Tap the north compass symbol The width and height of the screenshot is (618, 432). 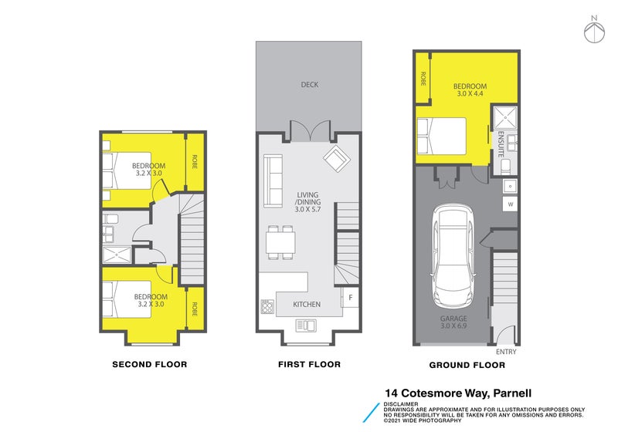coord(593,30)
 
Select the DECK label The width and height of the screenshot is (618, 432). coord(309,85)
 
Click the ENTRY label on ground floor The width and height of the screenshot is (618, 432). coord(505,352)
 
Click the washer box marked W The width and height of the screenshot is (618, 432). coord(510,204)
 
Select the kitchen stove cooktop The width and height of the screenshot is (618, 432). coord(268,306)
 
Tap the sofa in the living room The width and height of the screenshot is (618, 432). coord(273,181)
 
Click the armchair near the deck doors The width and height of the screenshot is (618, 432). coord(336,160)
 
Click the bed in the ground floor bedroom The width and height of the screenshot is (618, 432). coord(441,137)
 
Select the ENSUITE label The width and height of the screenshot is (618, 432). coord(501,144)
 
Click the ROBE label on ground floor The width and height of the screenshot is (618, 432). coord(423,78)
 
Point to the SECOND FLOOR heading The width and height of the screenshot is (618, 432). coord(149,364)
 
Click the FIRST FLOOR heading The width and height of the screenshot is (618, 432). coord(309,364)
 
